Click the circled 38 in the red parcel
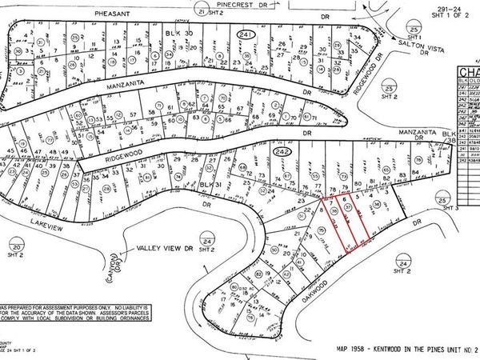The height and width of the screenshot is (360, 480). pyautogui.click(x=336, y=206)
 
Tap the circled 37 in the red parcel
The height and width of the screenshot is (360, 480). pyautogui.click(x=348, y=206)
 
